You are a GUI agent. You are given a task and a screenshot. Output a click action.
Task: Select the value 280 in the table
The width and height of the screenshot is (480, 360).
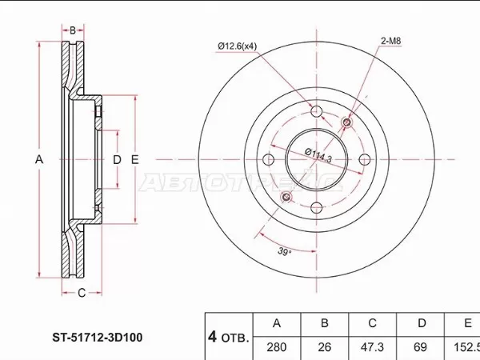[277, 348]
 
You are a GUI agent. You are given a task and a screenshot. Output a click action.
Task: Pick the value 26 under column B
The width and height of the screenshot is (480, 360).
[324, 348]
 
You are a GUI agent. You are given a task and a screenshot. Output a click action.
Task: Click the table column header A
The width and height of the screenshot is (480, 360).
[277, 324]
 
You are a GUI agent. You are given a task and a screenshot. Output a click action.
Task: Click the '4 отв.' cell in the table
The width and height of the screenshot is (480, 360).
[228, 336]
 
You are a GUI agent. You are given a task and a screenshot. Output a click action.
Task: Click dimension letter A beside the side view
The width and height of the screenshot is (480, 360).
[38, 160]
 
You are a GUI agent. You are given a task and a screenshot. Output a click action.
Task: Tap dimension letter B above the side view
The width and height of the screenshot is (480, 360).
[73, 30]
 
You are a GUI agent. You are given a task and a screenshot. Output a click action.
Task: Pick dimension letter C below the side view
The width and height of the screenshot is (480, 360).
[82, 293]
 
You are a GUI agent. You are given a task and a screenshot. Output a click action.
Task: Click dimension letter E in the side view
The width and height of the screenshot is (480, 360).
[135, 160]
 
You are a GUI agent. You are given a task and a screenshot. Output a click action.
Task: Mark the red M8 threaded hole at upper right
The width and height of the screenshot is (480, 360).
[347, 122]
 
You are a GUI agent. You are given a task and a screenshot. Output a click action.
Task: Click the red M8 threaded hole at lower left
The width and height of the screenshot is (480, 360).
[288, 196]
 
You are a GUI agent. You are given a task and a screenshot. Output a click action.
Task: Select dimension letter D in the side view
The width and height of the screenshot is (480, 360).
[117, 160]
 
